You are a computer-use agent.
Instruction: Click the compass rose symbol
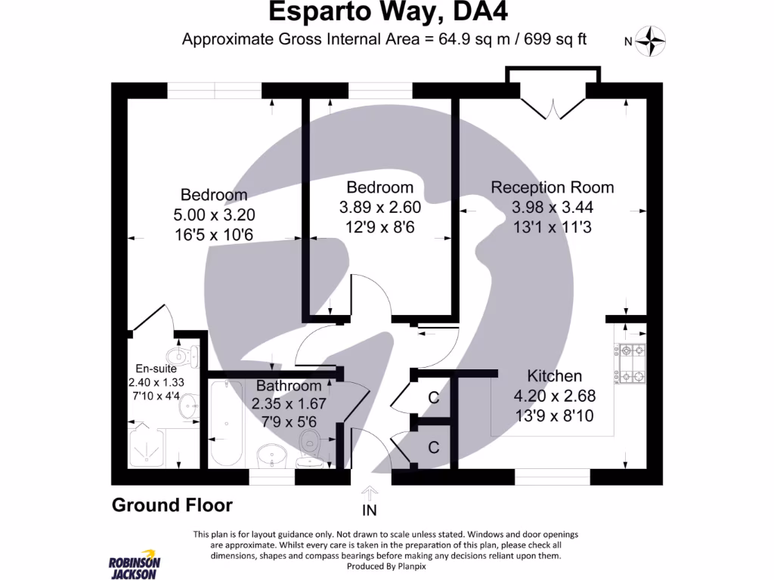pos(649,41)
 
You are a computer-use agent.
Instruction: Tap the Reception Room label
pos(552,187)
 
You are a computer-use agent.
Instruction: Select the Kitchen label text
pos(554,375)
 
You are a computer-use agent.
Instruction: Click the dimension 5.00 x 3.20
pos(212,215)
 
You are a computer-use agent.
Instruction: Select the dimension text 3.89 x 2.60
pos(379,205)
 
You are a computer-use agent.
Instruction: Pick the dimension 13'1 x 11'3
pos(552,225)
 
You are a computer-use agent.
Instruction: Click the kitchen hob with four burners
pos(632,363)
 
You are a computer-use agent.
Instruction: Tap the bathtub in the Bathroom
pos(226,424)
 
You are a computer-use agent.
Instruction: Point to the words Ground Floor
pos(172,505)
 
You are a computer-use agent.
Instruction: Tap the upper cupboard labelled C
pos(433,398)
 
